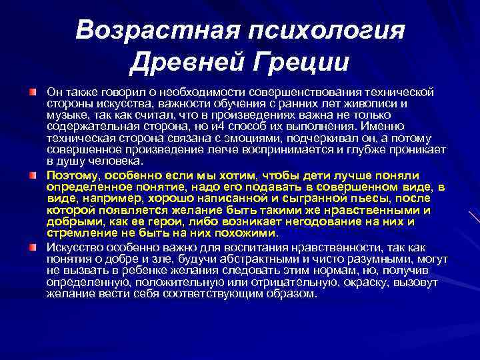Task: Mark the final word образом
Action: click(x=291, y=291)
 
